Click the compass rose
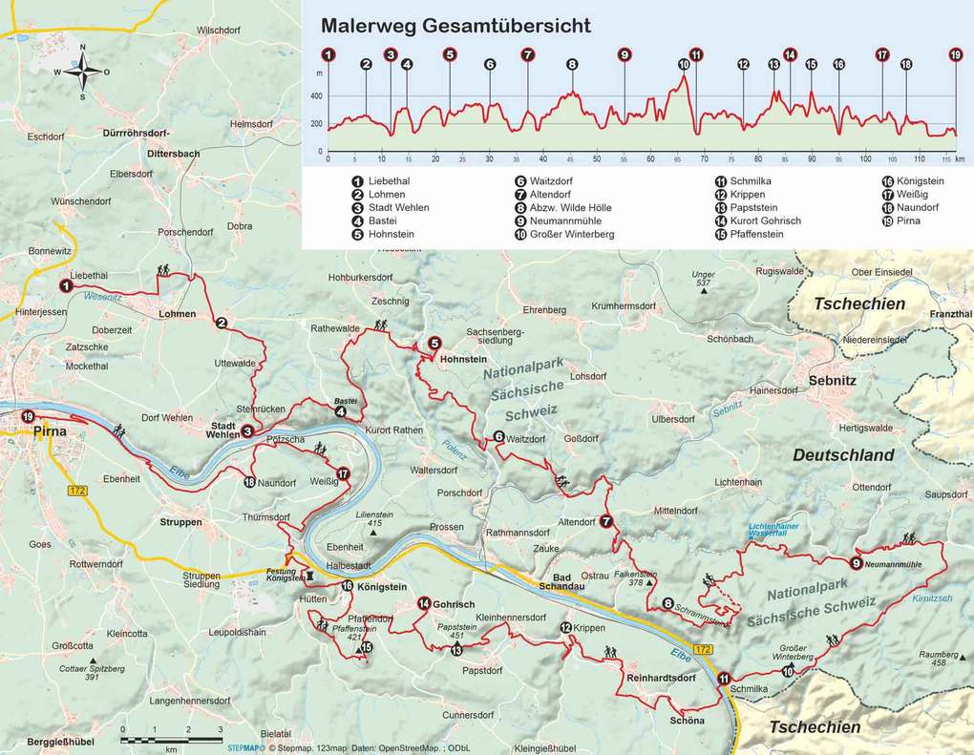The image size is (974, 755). click(x=82, y=71)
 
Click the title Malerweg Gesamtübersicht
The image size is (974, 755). click(x=455, y=25)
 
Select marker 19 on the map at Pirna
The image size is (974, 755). click(x=28, y=416)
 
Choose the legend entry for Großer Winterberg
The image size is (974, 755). click(x=572, y=234)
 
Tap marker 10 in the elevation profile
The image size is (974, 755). click(x=684, y=65)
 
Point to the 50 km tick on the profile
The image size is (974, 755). click(x=597, y=159)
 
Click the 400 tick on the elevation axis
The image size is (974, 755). click(x=316, y=96)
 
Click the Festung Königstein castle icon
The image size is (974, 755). click(x=311, y=577)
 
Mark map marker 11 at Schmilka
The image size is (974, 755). click(x=722, y=678)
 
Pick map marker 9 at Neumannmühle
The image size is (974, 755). click(x=856, y=563)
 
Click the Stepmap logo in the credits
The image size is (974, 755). click(x=241, y=748)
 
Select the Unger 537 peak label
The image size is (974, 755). click(x=703, y=280)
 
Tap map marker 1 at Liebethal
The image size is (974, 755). click(x=66, y=284)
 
